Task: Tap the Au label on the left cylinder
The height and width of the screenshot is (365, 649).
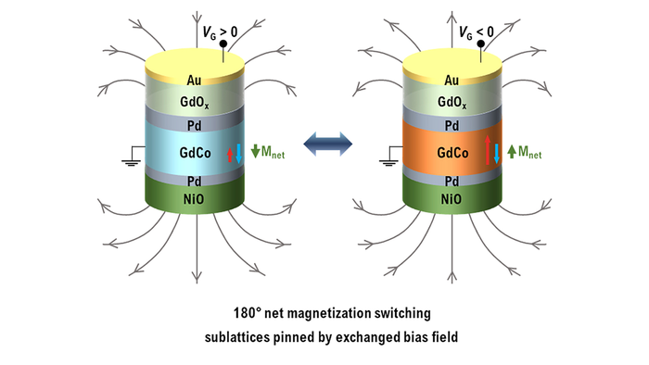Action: click(x=193, y=81)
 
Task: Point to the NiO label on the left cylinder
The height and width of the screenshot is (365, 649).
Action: click(x=193, y=198)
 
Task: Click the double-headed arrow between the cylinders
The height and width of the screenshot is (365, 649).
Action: click(x=324, y=142)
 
